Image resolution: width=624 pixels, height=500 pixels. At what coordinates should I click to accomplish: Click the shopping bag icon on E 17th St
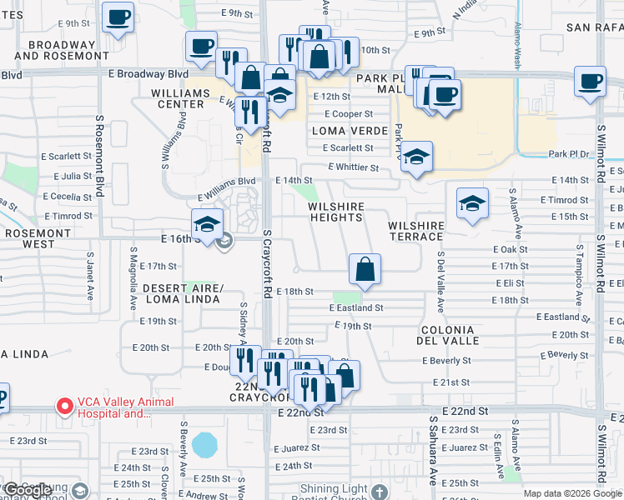pyautogui.click(x=365, y=269)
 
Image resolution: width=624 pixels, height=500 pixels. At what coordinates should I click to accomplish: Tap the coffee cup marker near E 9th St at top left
pyautogui.click(x=118, y=16)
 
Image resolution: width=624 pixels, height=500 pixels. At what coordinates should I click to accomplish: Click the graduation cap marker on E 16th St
pyautogui.click(x=207, y=223)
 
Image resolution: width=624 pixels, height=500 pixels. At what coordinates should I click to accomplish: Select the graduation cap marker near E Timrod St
pyautogui.click(x=472, y=203)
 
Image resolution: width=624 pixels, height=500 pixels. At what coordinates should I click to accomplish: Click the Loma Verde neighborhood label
pyautogui.click(x=350, y=131)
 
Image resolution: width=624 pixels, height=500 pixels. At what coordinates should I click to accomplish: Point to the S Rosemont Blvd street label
pyautogui.click(x=98, y=156)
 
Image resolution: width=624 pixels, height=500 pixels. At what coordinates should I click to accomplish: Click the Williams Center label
pyautogui.click(x=178, y=98)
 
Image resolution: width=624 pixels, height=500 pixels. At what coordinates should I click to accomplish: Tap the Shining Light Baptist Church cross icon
pyautogui.click(x=380, y=492)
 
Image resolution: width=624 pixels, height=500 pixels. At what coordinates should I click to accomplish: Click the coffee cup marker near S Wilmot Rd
pyautogui.click(x=591, y=82)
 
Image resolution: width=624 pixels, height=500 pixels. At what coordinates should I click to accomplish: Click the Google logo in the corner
pyautogui.click(x=28, y=491)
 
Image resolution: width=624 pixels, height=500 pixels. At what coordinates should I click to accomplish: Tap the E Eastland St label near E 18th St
pyautogui.click(x=355, y=307)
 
